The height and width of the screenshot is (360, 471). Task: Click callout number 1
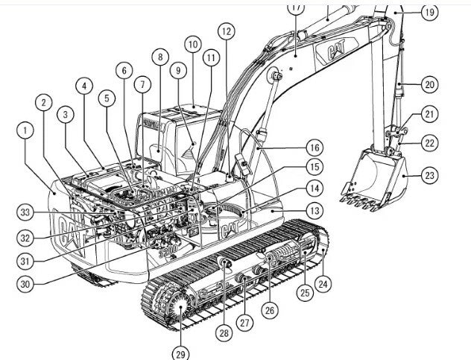point(26,130)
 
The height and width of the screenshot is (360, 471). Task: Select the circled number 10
point(193,45)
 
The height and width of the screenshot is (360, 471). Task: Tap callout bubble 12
point(226,31)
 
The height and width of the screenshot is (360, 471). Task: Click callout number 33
point(26,212)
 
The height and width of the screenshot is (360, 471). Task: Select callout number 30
point(26,283)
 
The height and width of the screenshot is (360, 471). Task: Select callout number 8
point(159,57)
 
